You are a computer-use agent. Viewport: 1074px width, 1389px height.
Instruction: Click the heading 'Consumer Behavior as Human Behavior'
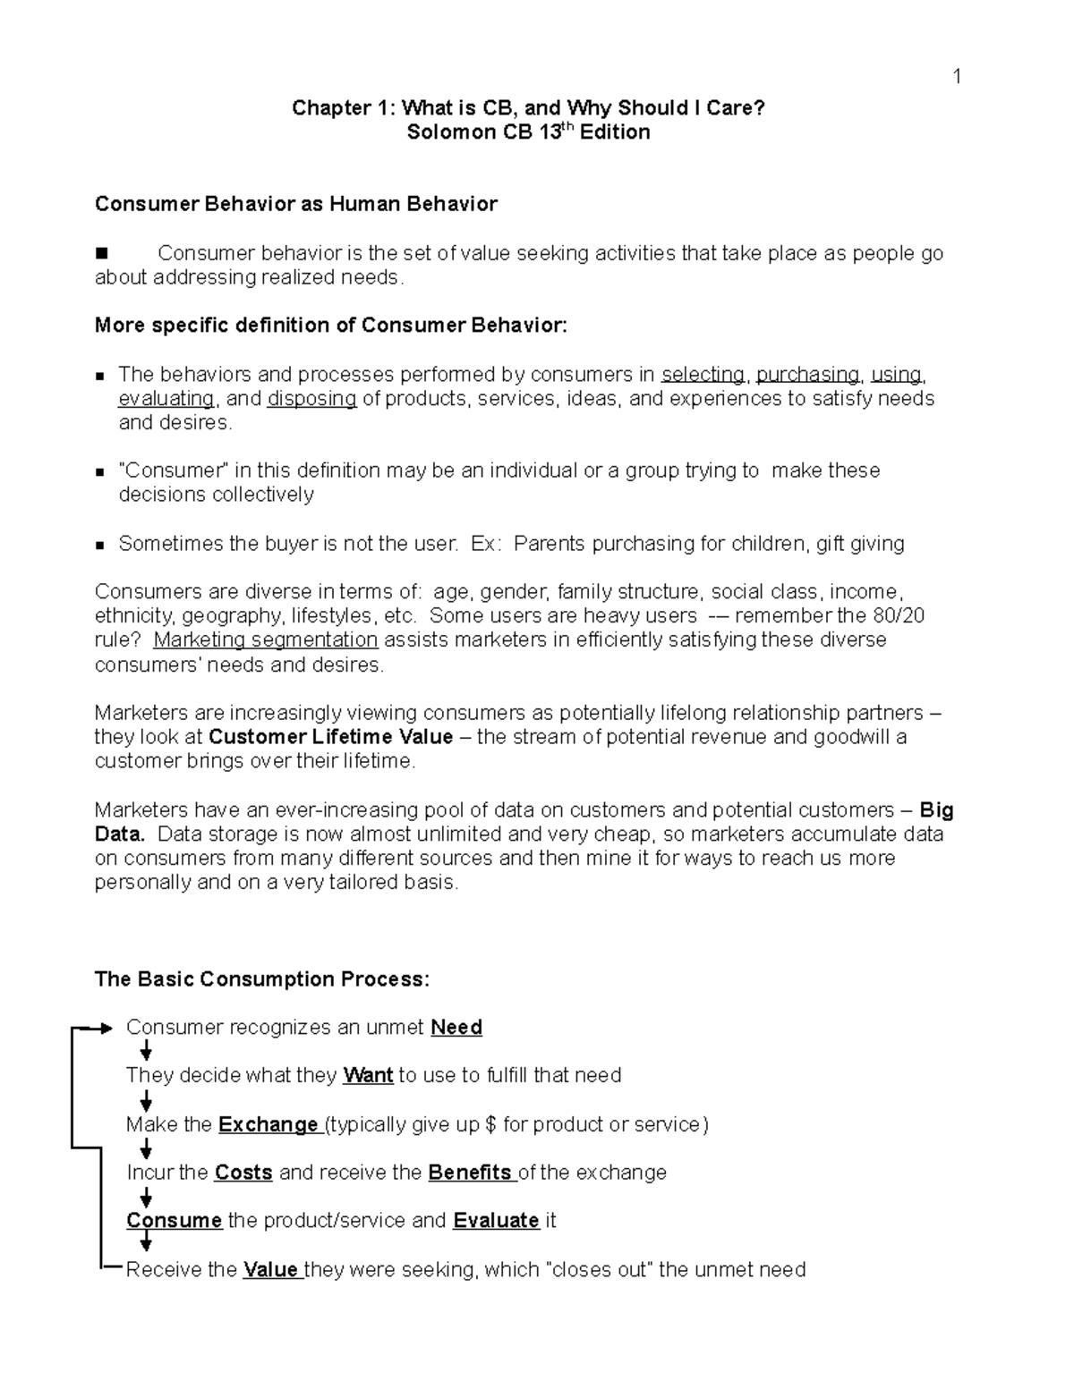pyautogui.click(x=295, y=204)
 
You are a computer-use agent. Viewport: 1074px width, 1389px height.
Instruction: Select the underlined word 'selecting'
pyautogui.click(x=703, y=374)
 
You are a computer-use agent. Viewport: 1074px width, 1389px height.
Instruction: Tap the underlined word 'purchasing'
pyautogui.click(x=808, y=374)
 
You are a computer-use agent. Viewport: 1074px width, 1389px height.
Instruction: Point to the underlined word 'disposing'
pyautogui.click(x=312, y=398)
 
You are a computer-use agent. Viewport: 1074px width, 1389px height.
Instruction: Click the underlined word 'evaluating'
pyautogui.click(x=166, y=398)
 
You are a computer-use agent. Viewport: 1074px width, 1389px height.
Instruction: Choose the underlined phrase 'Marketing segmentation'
pyautogui.click(x=266, y=639)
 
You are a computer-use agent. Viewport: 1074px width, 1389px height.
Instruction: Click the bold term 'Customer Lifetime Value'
pyautogui.click(x=330, y=737)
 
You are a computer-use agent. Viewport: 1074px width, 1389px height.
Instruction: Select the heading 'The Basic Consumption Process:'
pyautogui.click(x=262, y=979)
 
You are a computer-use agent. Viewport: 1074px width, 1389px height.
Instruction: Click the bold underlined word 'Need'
pyautogui.click(x=456, y=1028)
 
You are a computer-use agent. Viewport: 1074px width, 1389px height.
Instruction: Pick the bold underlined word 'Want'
pyautogui.click(x=368, y=1075)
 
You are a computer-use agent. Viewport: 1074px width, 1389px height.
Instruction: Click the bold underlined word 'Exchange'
pyautogui.click(x=268, y=1124)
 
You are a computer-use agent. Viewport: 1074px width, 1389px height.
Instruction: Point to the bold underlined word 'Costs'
pyautogui.click(x=243, y=1173)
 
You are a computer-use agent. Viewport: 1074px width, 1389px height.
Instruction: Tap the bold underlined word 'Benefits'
pyautogui.click(x=470, y=1173)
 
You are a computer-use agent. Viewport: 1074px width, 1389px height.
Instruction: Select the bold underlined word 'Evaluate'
pyautogui.click(x=496, y=1221)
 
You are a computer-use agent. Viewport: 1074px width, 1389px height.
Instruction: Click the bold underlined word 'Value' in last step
pyautogui.click(x=270, y=1270)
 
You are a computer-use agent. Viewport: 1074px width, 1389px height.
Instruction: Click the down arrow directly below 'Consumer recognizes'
pyautogui.click(x=146, y=1051)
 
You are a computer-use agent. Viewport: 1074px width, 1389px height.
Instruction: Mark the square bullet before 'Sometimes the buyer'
pyautogui.click(x=100, y=545)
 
